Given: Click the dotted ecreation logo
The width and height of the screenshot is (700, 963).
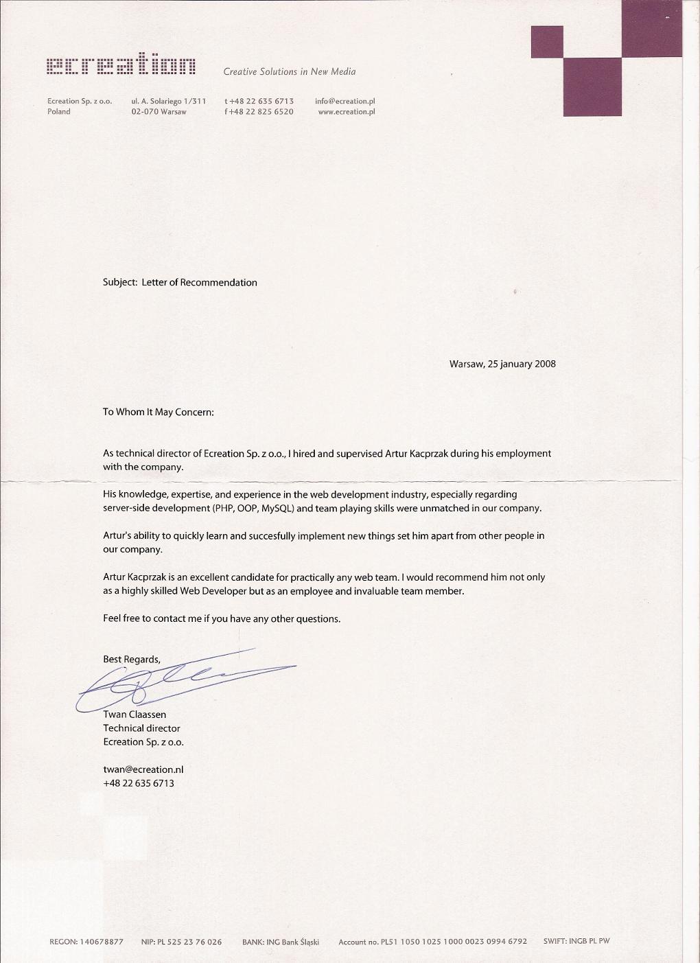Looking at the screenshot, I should pyautogui.click(x=121, y=67).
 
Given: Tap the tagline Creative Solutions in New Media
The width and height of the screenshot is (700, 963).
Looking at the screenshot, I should pyautogui.click(x=289, y=71).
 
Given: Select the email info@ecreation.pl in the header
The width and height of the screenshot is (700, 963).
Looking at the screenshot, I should pyautogui.click(x=345, y=101).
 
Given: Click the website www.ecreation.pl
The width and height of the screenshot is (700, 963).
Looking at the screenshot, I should pyautogui.click(x=346, y=111).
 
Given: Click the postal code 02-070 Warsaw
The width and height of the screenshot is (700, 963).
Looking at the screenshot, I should pyautogui.click(x=159, y=111).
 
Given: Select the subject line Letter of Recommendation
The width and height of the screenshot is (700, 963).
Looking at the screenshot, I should pyautogui.click(x=199, y=282).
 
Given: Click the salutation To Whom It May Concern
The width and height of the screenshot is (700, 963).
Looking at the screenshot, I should pyautogui.click(x=159, y=412).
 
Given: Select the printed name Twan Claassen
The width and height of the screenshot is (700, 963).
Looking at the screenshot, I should pyautogui.click(x=135, y=715).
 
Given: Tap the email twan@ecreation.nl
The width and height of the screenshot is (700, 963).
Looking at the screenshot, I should pyautogui.click(x=143, y=769).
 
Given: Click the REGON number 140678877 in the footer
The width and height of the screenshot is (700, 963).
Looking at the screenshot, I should pyautogui.click(x=102, y=942).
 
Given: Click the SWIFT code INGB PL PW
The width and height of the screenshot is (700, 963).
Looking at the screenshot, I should pyautogui.click(x=589, y=941).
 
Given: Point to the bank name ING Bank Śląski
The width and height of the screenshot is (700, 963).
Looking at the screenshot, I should pyautogui.click(x=292, y=942).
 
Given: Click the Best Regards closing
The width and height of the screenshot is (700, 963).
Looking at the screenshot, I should pyautogui.click(x=131, y=659).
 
